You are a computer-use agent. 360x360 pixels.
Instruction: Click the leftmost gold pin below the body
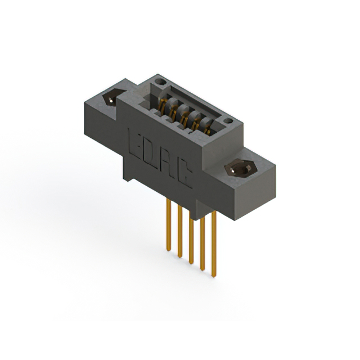point(168,225)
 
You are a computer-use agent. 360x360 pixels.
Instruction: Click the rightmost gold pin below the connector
point(214,247)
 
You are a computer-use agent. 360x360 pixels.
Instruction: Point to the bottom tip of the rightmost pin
point(214,276)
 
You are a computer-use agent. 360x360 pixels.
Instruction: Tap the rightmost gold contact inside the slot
point(208,131)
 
